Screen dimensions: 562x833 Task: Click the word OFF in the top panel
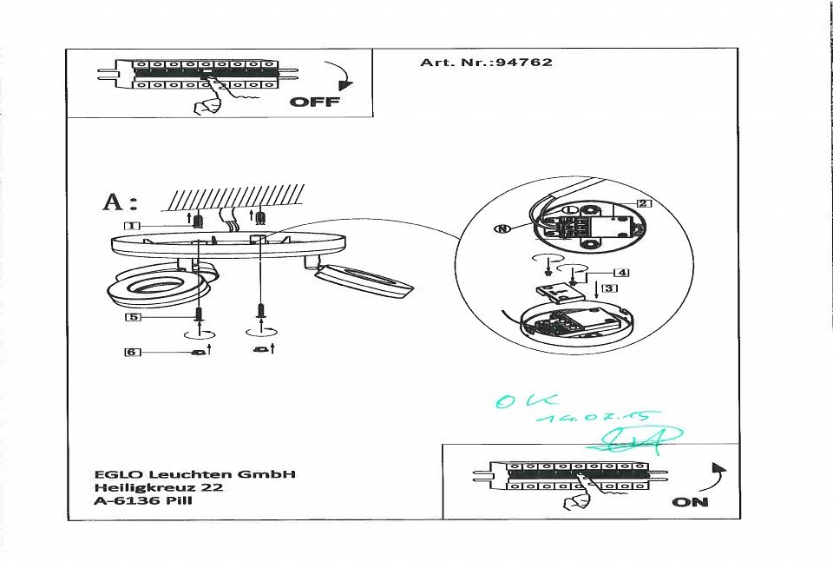314,102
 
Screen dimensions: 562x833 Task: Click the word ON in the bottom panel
690,502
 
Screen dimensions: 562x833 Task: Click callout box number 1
132,226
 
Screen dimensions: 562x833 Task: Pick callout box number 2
642,204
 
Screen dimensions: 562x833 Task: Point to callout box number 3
610,288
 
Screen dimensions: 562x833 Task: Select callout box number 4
621,273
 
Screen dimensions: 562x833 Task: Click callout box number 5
132,317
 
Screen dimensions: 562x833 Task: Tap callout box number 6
132,352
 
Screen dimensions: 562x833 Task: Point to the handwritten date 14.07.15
598,418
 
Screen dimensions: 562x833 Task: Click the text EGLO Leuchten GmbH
195,474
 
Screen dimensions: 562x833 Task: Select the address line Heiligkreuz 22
159,487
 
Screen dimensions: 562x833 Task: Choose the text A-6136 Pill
143,501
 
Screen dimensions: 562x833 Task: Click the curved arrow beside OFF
339,76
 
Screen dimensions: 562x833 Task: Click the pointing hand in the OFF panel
209,106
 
